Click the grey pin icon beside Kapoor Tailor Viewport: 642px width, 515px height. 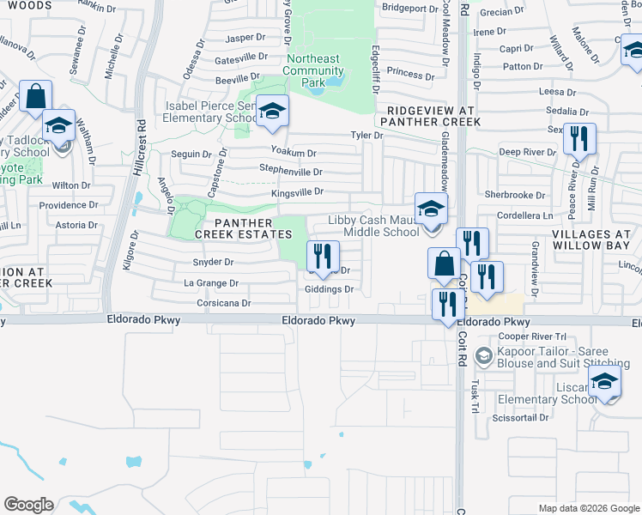(x=484, y=355)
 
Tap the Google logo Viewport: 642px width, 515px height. (x=28, y=505)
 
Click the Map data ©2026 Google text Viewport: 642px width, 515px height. (x=589, y=508)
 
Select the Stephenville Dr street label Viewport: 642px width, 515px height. (x=290, y=170)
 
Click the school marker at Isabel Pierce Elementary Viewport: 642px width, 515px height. (x=272, y=112)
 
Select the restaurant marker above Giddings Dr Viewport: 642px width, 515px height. (x=322, y=256)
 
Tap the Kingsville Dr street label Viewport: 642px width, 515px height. (x=296, y=192)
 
